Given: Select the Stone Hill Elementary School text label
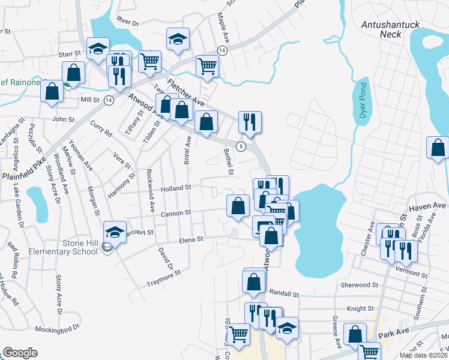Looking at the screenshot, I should point(63,247).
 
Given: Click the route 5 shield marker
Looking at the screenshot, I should point(241,146).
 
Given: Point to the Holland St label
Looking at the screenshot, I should point(176,188).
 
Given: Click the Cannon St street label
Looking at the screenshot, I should point(175,212).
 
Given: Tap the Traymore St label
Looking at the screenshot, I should point(164,275).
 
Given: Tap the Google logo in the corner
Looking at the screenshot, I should point(19,353).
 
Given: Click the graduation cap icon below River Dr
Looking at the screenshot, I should point(178,38).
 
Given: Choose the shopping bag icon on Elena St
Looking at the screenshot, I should point(271,235).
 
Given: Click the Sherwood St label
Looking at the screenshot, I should point(357,285).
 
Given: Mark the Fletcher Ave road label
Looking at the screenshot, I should point(185,92).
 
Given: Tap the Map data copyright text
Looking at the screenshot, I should point(424,355).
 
